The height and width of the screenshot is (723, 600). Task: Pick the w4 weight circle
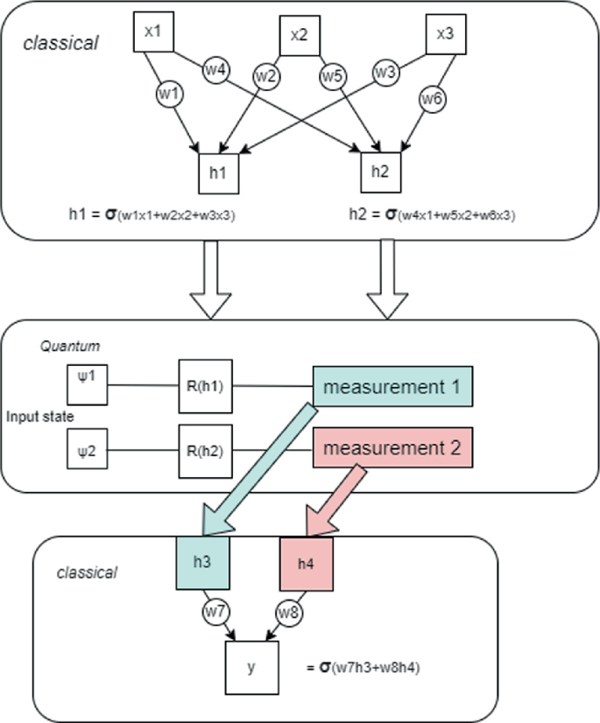[215, 67]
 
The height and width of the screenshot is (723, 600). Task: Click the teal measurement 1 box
[393, 386]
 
